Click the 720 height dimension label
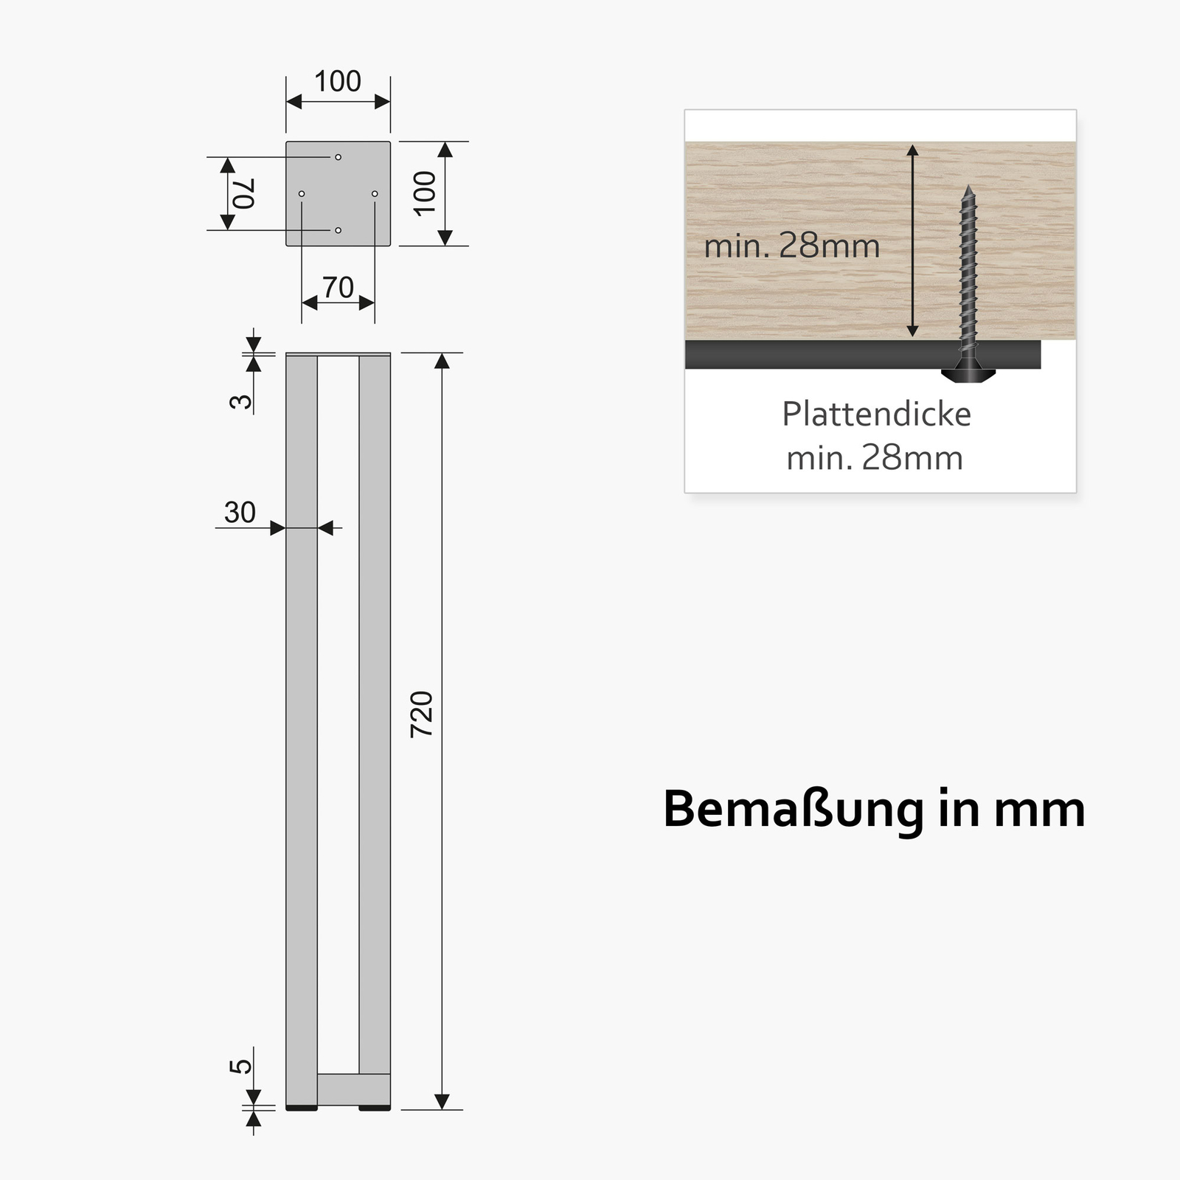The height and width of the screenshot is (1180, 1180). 422,714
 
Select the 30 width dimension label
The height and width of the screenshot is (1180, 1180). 240,512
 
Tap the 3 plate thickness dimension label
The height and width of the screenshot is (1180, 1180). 241,401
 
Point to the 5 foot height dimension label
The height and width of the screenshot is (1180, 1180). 241,1066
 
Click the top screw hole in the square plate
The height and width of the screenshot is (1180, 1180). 338,157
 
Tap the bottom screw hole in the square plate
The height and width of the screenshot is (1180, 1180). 338,230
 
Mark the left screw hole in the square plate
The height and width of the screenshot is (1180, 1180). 302,194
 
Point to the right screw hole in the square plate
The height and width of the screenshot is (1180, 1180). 375,194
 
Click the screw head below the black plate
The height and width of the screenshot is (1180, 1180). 968,373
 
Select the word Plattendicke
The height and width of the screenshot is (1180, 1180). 876,414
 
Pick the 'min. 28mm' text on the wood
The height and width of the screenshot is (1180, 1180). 792,246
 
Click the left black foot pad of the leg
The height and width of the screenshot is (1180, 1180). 302,1107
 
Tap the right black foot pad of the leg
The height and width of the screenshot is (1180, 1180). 375,1107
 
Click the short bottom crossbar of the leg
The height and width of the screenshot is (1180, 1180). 354,1089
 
